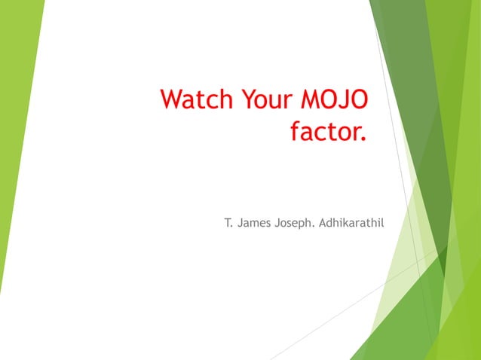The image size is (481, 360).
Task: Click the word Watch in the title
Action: tap(198, 99)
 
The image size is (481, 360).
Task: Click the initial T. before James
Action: tap(228, 223)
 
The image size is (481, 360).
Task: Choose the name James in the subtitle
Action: tap(254, 223)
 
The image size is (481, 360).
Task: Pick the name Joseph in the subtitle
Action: tap(295, 223)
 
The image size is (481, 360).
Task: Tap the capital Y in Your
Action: tap(248, 99)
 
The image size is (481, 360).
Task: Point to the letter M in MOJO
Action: tap(311, 99)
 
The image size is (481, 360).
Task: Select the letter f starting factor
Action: tap(296, 133)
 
